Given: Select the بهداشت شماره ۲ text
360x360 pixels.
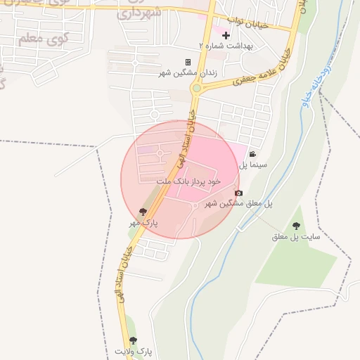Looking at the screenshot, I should pyautogui.click(x=226, y=45).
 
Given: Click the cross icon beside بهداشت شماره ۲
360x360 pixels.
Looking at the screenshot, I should pyautogui.click(x=226, y=34).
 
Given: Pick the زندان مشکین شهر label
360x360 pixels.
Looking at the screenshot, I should pyautogui.click(x=187, y=72).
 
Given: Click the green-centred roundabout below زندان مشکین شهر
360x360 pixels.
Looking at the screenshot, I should pyautogui.click(x=196, y=89).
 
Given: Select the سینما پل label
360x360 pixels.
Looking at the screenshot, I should pyautogui.click(x=252, y=165).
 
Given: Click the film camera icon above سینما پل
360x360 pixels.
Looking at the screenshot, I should pyautogui.click(x=252, y=155).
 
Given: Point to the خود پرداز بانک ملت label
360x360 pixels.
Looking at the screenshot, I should pyautogui.click(x=188, y=181).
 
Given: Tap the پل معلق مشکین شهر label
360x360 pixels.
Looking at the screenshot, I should pyautogui.click(x=238, y=203).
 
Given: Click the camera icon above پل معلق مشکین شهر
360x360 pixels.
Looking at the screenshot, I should pyautogui.click(x=239, y=193).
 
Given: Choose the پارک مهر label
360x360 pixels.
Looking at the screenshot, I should pyautogui.click(x=143, y=222).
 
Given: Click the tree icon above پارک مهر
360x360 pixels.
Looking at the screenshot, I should pyautogui.click(x=143, y=212).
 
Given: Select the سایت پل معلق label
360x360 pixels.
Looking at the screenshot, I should pyautogui.click(x=296, y=237).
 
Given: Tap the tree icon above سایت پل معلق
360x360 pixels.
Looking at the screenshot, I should pyautogui.click(x=296, y=226).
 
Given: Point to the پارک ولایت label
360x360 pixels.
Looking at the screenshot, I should pyautogui.click(x=133, y=350).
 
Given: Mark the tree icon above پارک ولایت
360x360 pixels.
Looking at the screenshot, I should pyautogui.click(x=134, y=340).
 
